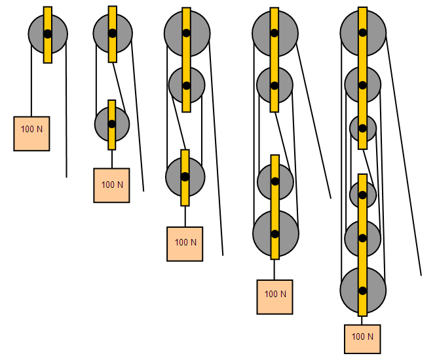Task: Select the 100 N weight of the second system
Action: click(x=111, y=185)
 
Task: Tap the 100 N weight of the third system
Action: click(x=185, y=243)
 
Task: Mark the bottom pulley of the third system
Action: click(x=176, y=177)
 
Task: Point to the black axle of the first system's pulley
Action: click(x=48, y=34)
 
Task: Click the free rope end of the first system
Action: click(x=66, y=176)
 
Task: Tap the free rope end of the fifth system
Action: click(x=420, y=274)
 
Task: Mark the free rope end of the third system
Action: click(x=223, y=254)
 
